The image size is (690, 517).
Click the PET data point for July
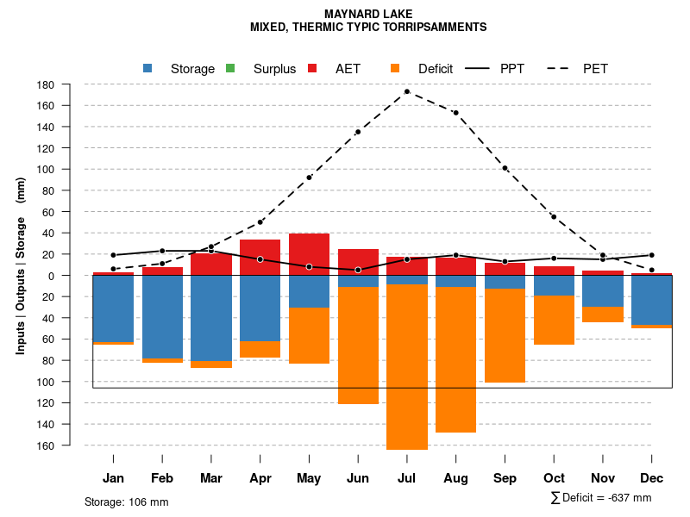[406, 91]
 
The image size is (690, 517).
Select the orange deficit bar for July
[406, 366]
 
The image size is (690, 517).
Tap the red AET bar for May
[309, 254]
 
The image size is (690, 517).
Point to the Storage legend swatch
[148, 69]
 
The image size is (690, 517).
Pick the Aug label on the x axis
[455, 478]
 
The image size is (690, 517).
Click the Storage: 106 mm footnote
[126, 501]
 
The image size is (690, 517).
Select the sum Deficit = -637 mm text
[600, 498]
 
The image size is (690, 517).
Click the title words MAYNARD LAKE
[368, 14]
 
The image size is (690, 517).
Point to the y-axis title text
[21, 265]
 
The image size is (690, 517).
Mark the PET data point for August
[455, 113]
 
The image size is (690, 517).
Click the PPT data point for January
[113, 255]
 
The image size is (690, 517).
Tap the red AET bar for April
[260, 257]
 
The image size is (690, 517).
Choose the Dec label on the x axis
[652, 478]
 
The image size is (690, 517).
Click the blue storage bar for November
[603, 291]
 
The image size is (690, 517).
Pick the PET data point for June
[358, 132]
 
